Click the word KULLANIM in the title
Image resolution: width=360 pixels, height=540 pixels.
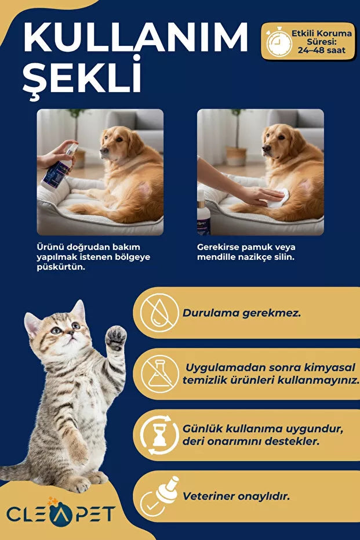click(x=135, y=38)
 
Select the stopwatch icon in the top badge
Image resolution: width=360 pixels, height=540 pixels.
click(x=279, y=42)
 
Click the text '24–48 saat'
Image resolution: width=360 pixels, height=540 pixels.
click(x=322, y=50)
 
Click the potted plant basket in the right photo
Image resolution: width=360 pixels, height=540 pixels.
click(x=237, y=157)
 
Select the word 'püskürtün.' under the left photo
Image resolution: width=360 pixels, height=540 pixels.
click(x=61, y=267)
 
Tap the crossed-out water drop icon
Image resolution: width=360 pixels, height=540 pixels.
click(x=159, y=313)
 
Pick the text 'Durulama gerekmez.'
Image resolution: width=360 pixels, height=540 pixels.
click(x=242, y=313)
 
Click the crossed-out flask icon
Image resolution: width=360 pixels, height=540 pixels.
click(x=159, y=374)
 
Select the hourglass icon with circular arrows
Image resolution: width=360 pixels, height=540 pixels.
click(x=159, y=435)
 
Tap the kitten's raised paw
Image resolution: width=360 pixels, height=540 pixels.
click(x=115, y=338)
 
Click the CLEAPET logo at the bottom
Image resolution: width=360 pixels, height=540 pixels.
click(x=61, y=514)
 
